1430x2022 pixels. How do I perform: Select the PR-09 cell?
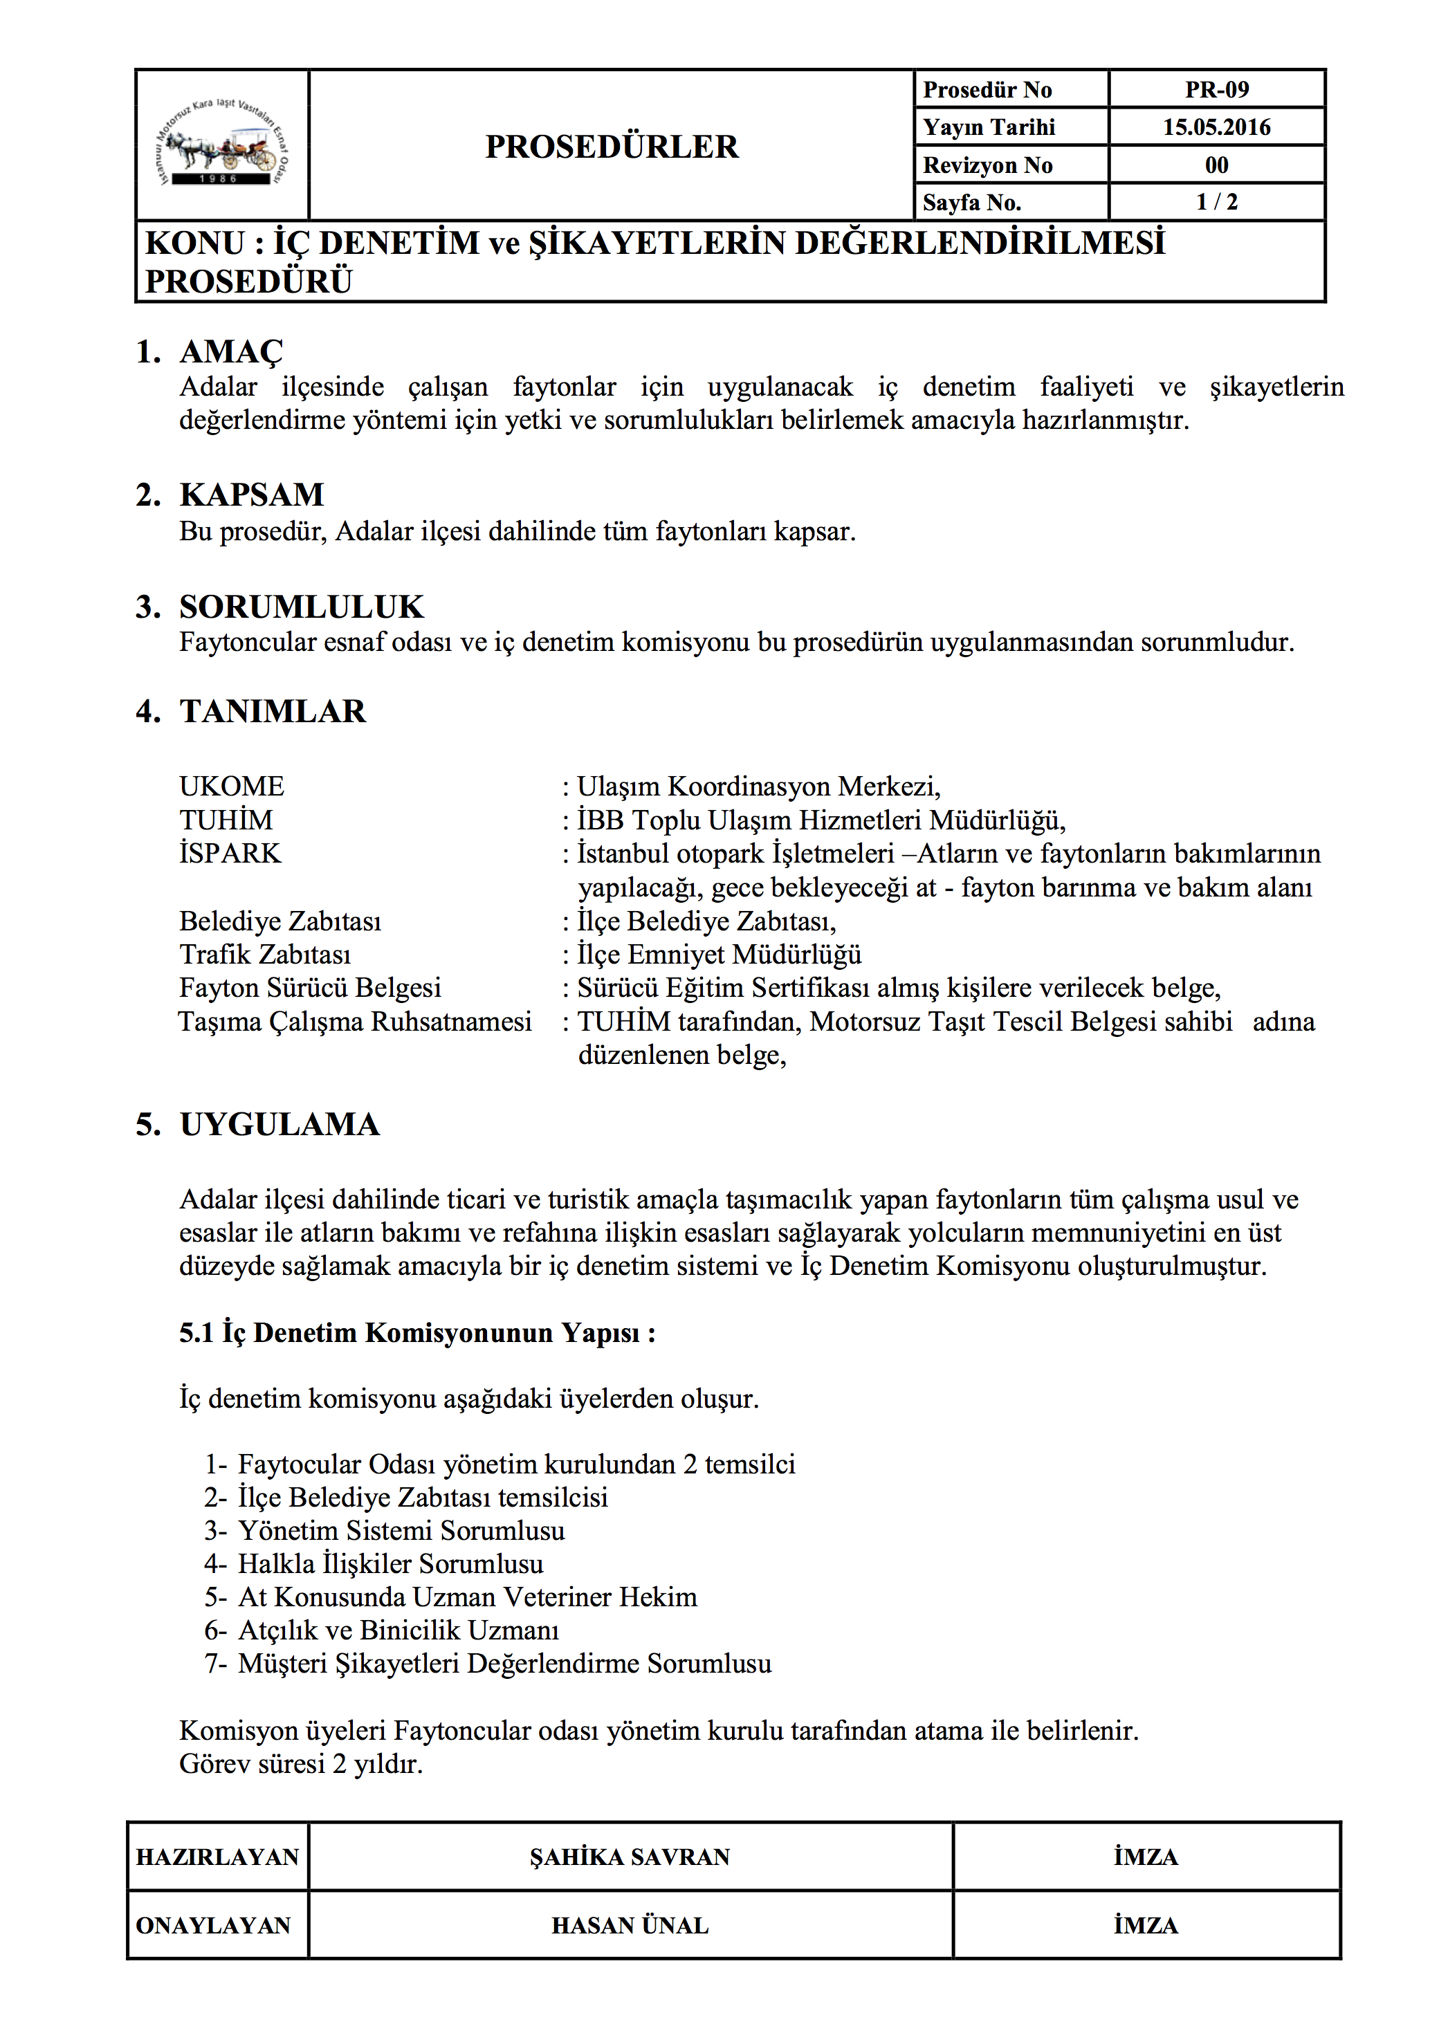tap(1216, 90)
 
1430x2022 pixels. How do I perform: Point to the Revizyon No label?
tap(987, 165)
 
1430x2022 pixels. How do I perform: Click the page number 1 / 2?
tap(1216, 203)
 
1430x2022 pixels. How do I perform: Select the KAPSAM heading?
tap(251, 495)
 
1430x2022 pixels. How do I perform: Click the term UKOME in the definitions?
tap(232, 787)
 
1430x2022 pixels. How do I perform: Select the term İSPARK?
tap(230, 854)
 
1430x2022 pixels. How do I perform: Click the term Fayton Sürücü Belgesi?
tap(310, 988)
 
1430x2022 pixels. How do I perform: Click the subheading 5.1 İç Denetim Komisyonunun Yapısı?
tap(416, 1332)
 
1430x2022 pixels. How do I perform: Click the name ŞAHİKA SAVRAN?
tap(630, 1857)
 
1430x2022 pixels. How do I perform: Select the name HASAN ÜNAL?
tap(630, 1926)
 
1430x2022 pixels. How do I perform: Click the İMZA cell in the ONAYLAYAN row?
tap(1146, 1926)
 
